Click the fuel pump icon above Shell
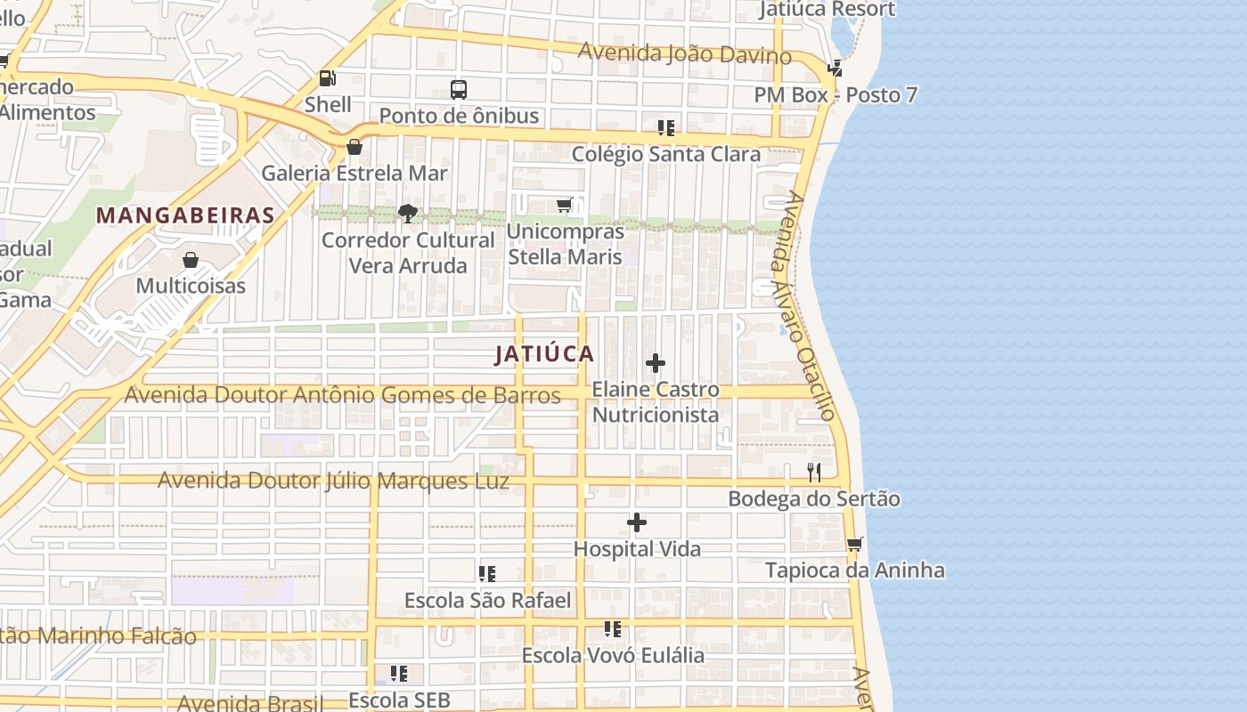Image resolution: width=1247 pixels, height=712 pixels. (x=327, y=78)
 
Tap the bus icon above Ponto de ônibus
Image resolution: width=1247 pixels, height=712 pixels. (x=459, y=89)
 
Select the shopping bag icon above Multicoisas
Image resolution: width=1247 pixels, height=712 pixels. (x=190, y=260)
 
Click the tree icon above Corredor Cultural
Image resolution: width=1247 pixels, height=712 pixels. (x=408, y=213)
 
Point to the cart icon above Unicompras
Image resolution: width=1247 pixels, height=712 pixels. (x=565, y=206)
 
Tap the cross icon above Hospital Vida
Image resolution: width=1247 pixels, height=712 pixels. (x=637, y=522)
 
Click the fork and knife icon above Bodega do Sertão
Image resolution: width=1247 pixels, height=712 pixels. (x=814, y=472)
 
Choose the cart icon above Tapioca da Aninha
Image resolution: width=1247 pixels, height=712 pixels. (x=855, y=543)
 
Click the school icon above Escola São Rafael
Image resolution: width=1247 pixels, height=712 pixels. (x=487, y=573)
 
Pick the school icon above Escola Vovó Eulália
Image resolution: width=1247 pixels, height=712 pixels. (x=613, y=629)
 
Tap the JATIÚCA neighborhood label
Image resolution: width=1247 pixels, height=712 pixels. (x=544, y=354)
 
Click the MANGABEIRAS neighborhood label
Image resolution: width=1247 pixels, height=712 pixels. (x=185, y=215)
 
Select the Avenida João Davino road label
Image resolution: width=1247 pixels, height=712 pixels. (x=684, y=53)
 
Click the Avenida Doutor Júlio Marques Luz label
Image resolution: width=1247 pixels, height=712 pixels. (x=333, y=481)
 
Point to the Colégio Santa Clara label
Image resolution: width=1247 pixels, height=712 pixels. (x=666, y=154)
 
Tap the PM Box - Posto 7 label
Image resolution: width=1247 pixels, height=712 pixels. (x=835, y=95)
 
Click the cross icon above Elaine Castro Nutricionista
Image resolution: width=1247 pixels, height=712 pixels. (x=656, y=363)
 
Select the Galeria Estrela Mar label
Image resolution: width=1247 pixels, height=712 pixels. (x=354, y=173)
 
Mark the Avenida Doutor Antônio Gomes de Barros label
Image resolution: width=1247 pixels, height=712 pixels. (x=342, y=395)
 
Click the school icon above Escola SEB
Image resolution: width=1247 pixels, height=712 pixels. (x=399, y=673)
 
